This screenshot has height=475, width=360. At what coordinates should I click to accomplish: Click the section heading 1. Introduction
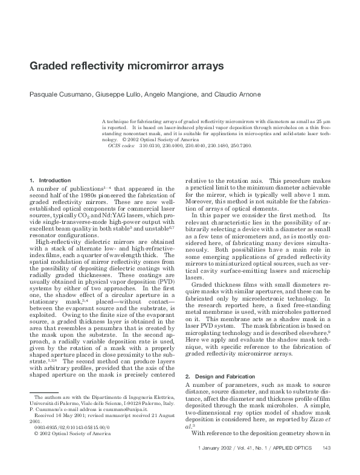point(50,180)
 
